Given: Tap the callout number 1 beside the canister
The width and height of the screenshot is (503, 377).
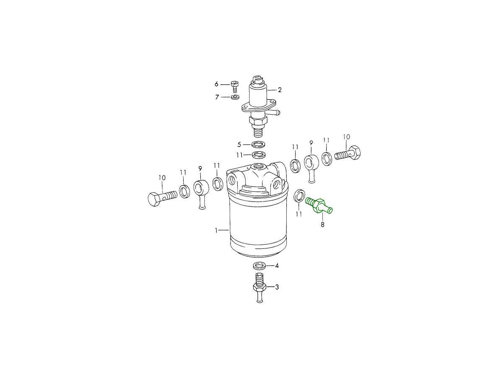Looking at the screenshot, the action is (216, 230).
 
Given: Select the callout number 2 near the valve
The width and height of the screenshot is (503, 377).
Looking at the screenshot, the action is (279, 90).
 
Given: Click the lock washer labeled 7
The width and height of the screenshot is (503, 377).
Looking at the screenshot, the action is (235, 97).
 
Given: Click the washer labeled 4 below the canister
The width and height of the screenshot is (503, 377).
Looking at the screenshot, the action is (260, 266).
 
